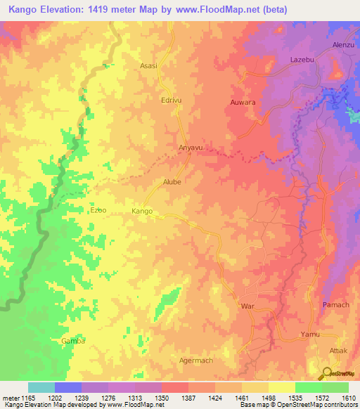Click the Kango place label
[x=142, y=211]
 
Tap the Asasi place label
[x=148, y=65]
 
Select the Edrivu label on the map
[x=172, y=100]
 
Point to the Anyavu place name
[x=191, y=148]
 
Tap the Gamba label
[x=72, y=341]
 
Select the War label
[x=247, y=307]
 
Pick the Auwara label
[x=243, y=103]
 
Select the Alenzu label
[x=343, y=45]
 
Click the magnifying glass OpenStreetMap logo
[x=325, y=372]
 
